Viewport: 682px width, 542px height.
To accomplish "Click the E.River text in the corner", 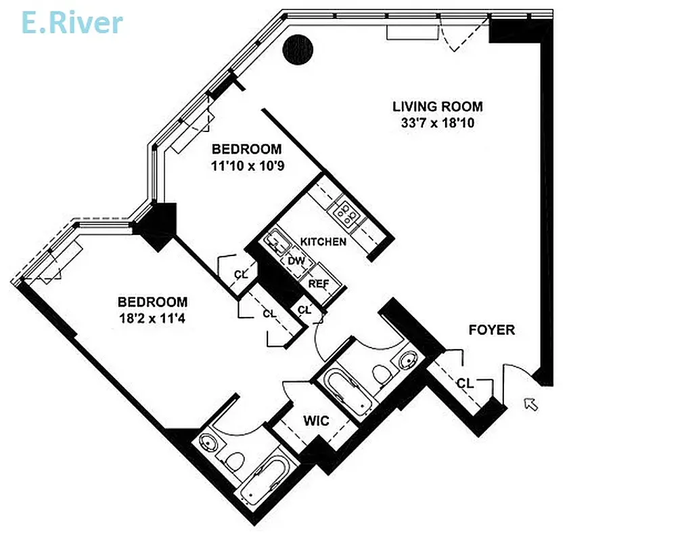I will (x=72, y=22).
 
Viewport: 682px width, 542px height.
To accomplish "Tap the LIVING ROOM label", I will (x=438, y=106).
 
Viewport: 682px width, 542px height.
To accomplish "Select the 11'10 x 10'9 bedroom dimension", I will (x=246, y=165).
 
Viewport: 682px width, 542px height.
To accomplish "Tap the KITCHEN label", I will (x=323, y=241).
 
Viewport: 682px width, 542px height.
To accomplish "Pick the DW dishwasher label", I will (x=296, y=261).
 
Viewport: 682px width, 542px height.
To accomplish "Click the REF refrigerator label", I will (x=317, y=283).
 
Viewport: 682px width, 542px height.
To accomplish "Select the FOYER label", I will (x=492, y=330).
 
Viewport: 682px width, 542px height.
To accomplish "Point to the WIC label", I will (x=316, y=421).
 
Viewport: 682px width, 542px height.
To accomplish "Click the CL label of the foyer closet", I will (x=464, y=383).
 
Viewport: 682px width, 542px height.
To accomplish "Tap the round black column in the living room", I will (x=298, y=49).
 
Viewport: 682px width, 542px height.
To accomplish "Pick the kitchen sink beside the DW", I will (x=277, y=243).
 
